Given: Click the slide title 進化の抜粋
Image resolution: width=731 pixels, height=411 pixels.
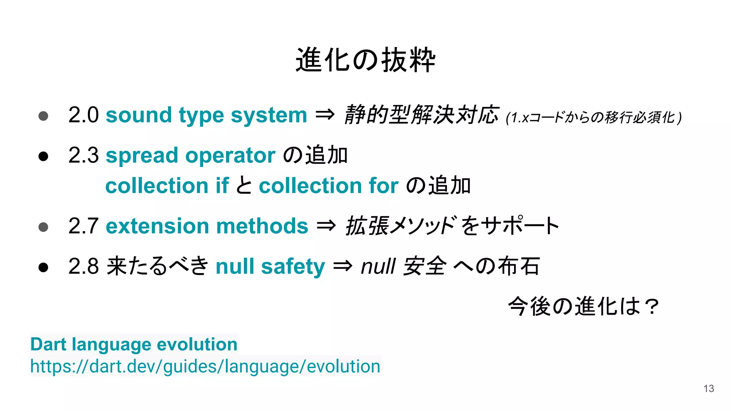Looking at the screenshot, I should coord(365,60).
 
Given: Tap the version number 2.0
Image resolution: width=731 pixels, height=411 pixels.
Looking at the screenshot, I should coord(83,115).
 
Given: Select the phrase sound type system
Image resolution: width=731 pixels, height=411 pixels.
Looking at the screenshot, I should coord(206,115).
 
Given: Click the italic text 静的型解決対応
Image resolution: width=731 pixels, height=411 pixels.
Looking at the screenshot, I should coord(421,115).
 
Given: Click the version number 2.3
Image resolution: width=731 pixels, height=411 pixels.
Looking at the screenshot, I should coord(83,156).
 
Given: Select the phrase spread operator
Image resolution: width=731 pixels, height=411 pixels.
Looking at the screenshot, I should coord(191,156).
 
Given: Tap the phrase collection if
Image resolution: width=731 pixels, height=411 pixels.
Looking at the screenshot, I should coord(167,186).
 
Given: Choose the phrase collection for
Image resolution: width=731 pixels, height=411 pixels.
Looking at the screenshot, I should coord(328,186).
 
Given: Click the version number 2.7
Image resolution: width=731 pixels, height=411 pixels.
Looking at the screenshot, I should coord(83,226).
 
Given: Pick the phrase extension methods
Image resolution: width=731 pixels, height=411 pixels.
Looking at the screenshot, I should coord(207,226).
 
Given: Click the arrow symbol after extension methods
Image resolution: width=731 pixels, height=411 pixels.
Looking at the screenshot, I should coord(326,225).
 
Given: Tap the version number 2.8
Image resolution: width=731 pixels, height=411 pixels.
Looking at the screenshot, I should coord(83,267).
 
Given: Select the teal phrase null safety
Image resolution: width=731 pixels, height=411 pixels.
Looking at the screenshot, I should coord(270,267).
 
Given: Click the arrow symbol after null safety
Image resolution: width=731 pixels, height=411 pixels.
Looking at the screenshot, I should coord(343,266).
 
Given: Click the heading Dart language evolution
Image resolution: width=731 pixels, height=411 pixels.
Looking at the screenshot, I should coord(134,344).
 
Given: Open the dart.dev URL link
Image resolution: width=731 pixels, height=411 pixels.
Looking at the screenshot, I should coord(205,366).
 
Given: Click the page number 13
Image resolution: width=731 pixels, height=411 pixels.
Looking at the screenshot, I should coord(709,389).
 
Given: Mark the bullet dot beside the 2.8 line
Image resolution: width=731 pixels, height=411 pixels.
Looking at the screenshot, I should coord(43,267).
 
